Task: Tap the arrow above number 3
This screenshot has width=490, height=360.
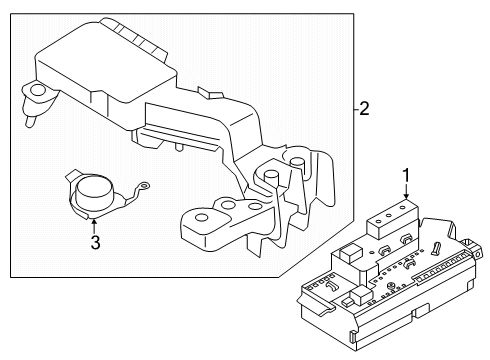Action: tap(93, 222)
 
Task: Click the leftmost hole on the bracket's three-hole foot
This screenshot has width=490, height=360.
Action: tap(200, 218)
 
